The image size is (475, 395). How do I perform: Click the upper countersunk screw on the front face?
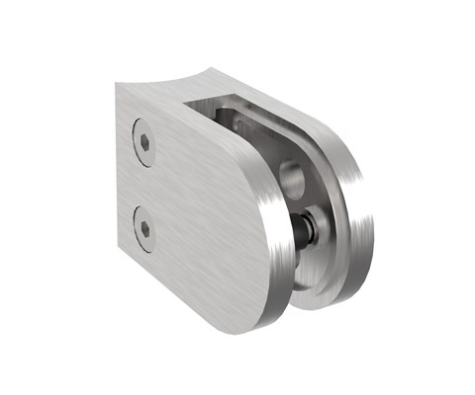(145, 144)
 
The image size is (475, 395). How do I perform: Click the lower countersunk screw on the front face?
(144, 228)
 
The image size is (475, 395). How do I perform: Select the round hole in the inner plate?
(294, 179)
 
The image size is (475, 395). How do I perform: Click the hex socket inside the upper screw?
(145, 144)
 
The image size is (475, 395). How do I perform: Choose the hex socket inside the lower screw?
(144, 228)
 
